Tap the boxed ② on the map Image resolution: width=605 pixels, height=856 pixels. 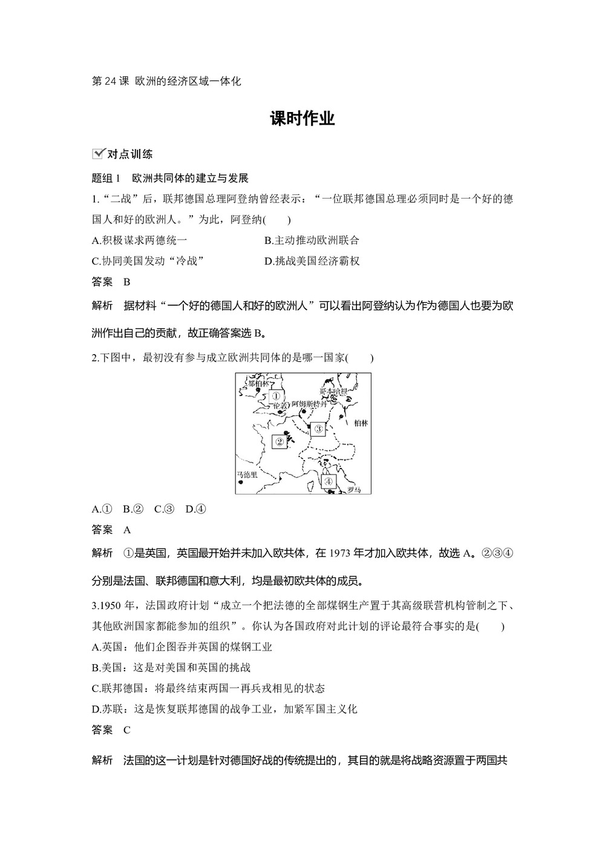(x=280, y=441)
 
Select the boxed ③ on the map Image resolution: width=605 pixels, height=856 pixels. (x=318, y=429)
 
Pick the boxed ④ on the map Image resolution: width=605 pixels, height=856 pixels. (x=328, y=481)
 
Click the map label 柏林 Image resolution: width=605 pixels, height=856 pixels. (x=361, y=423)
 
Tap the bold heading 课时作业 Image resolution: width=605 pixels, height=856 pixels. (x=302, y=119)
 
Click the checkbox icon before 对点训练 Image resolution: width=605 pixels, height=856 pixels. (x=97, y=154)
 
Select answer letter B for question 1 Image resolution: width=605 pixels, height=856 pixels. (x=126, y=281)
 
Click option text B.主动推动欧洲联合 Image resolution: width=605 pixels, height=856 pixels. (x=312, y=240)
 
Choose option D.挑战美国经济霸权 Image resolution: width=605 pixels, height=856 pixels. (x=312, y=261)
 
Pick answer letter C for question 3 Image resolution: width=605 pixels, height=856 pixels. (x=126, y=729)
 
